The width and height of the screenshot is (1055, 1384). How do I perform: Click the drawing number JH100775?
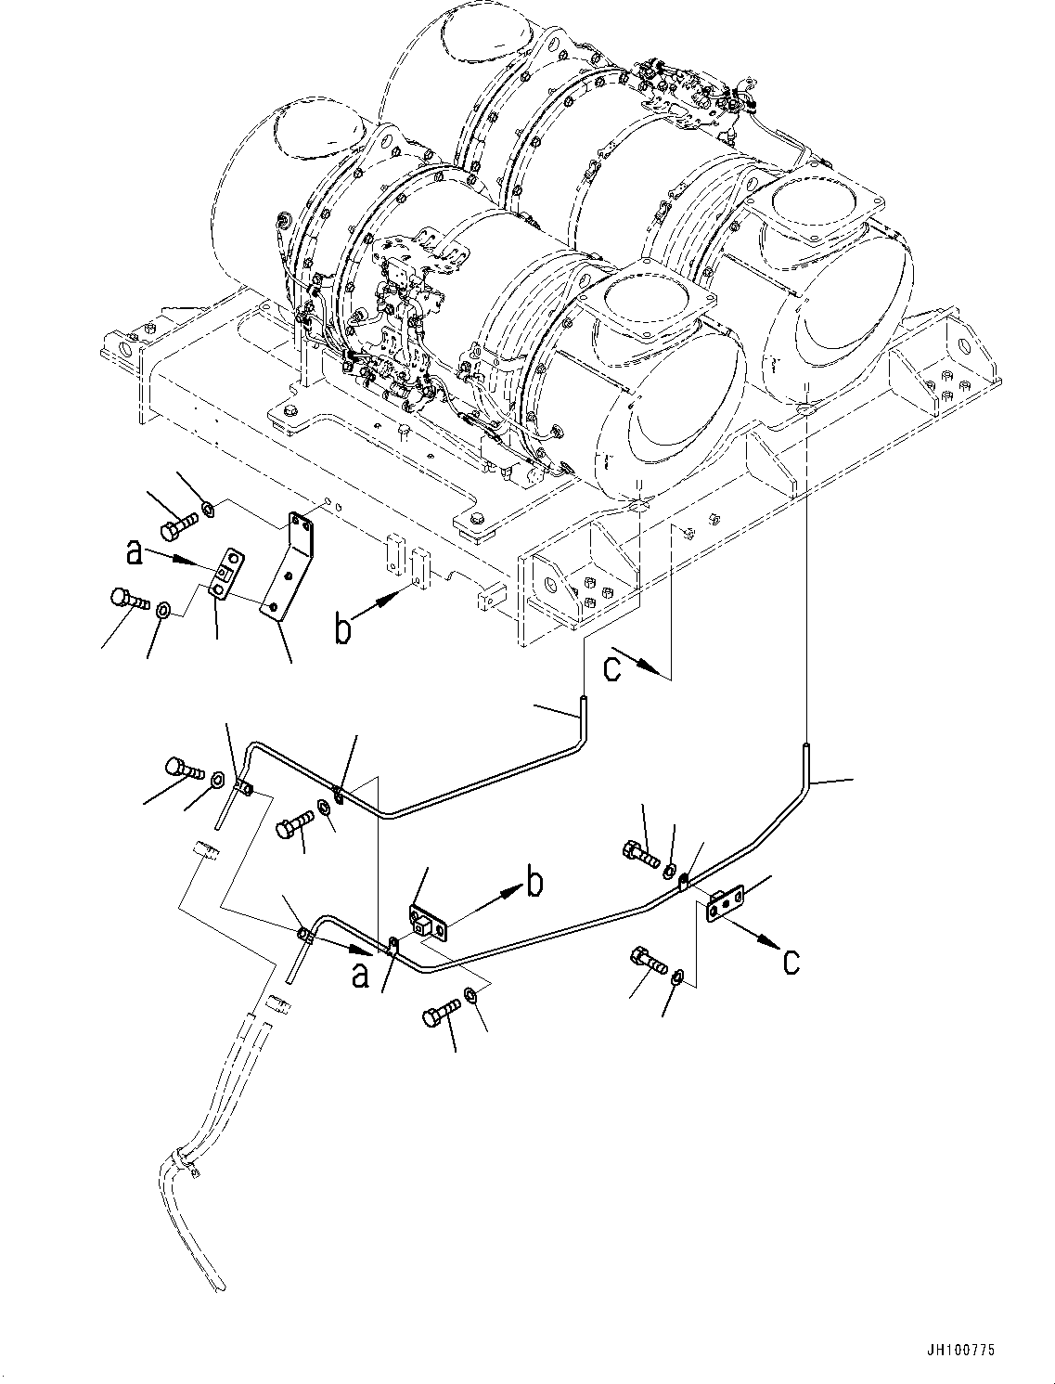pos(960,1352)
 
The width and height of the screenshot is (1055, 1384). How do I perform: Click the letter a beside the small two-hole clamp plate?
pos(135,554)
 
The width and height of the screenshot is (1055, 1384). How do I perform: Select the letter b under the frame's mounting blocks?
pos(342,631)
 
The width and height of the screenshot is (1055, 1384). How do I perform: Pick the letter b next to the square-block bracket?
pos(534,885)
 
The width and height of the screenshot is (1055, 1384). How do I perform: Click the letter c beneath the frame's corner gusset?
pos(612,668)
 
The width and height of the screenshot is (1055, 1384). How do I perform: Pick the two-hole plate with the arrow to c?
pos(724,903)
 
